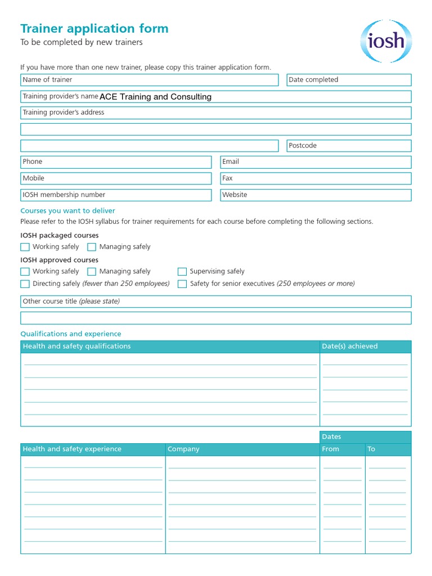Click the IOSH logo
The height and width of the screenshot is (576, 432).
(x=386, y=41)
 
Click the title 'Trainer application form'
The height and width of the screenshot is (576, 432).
(x=94, y=29)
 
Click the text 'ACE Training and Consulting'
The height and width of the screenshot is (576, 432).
(x=155, y=97)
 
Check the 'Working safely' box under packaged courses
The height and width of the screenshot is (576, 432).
(x=25, y=247)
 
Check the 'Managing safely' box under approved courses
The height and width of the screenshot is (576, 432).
(x=92, y=272)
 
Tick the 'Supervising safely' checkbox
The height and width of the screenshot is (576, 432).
(x=182, y=272)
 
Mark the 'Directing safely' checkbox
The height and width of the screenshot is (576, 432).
(x=25, y=284)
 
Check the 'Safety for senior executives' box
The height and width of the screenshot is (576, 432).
(x=182, y=284)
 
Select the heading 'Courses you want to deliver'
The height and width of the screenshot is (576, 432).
(x=67, y=211)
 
